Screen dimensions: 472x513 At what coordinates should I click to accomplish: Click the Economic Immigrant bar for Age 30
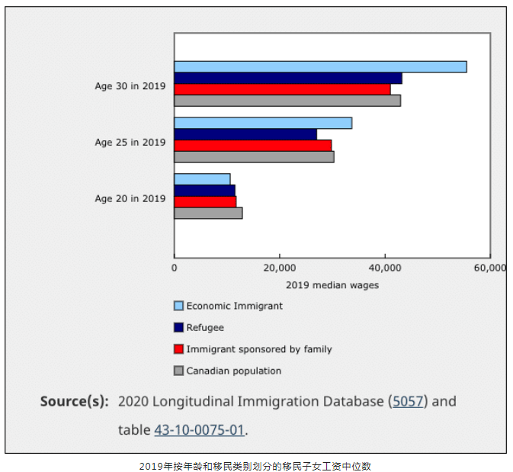tap(320, 67)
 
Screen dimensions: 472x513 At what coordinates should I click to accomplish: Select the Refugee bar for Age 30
tap(287, 78)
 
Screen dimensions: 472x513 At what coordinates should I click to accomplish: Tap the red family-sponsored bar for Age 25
tap(252, 145)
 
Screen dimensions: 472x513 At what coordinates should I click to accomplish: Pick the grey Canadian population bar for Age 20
tap(208, 213)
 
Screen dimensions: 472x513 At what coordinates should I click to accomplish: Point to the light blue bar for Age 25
tap(263, 123)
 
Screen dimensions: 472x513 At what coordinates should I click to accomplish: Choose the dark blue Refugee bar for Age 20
tap(204, 190)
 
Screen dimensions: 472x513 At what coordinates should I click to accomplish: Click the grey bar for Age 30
tap(287, 100)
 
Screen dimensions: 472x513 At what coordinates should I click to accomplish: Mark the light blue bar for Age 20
tap(202, 179)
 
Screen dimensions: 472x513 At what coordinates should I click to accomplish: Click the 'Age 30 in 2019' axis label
tap(130, 85)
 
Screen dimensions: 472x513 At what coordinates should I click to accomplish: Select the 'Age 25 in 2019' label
tap(130, 142)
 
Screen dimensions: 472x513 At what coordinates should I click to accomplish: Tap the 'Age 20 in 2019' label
tap(130, 198)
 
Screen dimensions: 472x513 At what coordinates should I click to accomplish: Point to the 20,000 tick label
tap(280, 268)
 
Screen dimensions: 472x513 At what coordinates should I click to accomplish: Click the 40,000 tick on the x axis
tap(385, 268)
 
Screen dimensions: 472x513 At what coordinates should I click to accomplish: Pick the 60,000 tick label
tap(489, 268)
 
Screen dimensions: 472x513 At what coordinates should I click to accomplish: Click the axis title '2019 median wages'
tap(332, 285)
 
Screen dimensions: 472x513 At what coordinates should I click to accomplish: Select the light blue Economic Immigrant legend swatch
tap(179, 306)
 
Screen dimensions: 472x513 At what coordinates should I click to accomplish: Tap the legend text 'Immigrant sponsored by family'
tap(259, 349)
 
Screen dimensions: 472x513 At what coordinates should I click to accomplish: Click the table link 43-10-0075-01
tap(199, 430)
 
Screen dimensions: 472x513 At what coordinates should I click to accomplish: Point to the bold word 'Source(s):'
tap(74, 401)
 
